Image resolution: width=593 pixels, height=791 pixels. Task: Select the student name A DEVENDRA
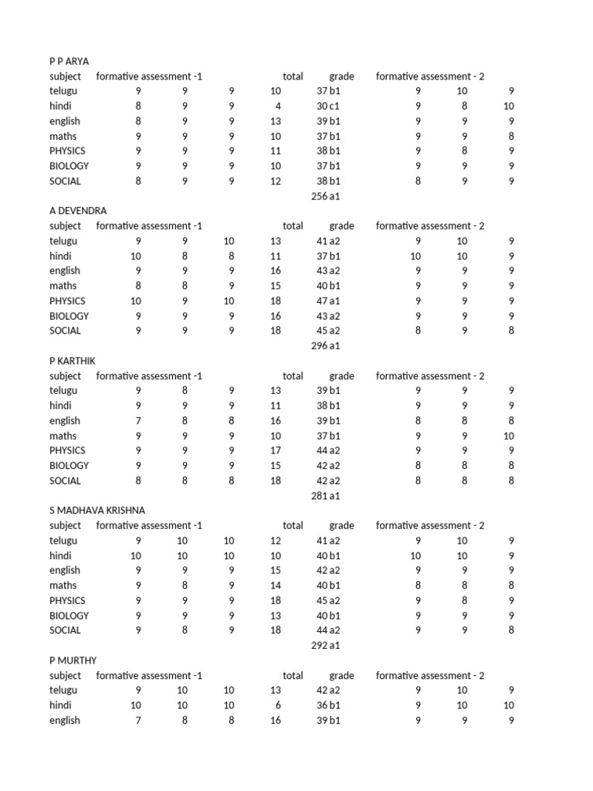tap(78, 211)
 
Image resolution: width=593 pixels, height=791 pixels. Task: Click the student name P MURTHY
tap(73, 660)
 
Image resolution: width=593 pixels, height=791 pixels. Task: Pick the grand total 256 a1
tap(325, 196)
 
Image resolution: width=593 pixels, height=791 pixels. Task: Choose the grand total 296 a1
tap(325, 346)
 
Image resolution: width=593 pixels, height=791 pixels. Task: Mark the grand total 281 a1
tap(325, 496)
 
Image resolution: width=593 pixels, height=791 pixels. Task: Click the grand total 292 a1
tap(325, 646)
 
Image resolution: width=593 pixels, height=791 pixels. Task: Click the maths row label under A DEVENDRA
tap(63, 286)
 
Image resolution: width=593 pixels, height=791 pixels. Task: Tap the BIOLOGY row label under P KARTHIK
tap(69, 466)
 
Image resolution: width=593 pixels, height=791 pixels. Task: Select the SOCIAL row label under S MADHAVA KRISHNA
tap(65, 630)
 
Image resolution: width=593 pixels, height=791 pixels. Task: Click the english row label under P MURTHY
tap(65, 721)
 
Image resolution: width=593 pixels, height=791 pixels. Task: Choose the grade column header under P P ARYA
tap(341, 76)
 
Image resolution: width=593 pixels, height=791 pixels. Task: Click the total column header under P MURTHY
tap(293, 676)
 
